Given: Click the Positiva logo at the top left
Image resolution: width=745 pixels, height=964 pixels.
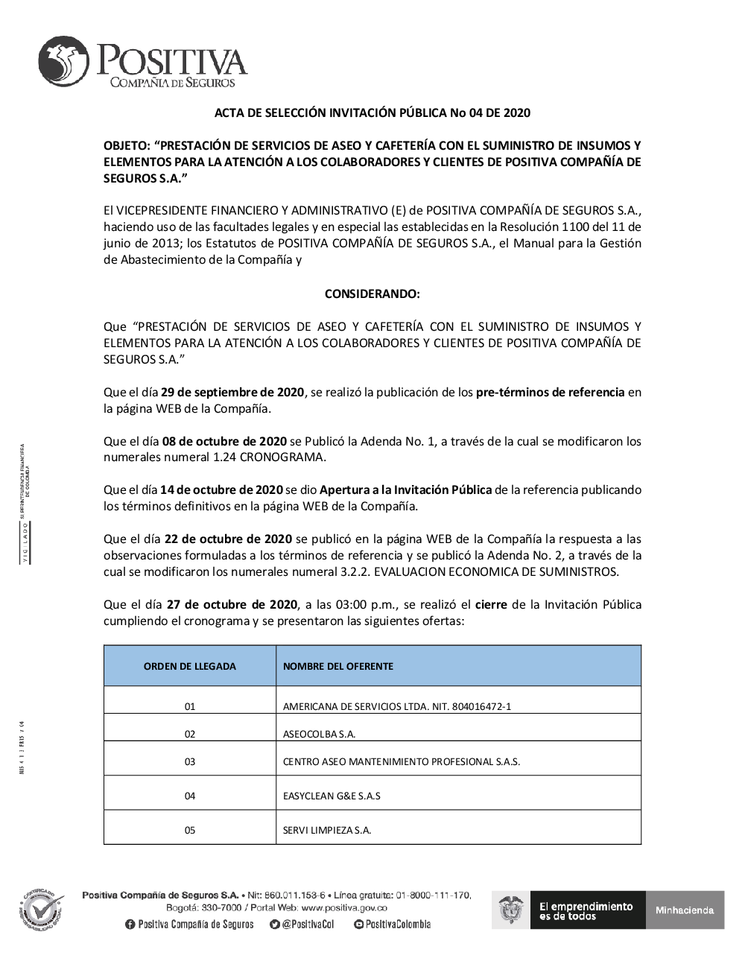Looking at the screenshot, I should click(x=142, y=63).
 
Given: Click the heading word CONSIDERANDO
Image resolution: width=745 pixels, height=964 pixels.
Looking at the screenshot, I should click(x=372, y=294).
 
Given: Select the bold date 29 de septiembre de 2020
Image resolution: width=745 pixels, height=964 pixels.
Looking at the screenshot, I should click(x=232, y=392).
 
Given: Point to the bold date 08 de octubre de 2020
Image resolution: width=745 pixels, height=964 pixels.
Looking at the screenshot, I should click(x=224, y=441).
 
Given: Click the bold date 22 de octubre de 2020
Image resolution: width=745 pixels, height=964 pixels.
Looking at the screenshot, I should click(x=229, y=539).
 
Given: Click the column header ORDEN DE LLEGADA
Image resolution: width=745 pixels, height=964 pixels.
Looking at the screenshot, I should click(x=189, y=666).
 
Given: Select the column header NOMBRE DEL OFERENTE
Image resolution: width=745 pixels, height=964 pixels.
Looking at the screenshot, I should click(x=338, y=666).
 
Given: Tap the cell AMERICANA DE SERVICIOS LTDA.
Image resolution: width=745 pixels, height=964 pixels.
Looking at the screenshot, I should click(x=397, y=706).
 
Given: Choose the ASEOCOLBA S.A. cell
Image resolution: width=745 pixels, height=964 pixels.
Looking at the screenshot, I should click(x=319, y=734).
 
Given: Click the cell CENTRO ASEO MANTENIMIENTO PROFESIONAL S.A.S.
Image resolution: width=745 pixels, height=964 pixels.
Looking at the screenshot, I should click(x=401, y=761).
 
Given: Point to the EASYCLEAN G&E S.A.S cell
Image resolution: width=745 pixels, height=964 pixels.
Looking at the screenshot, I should click(x=332, y=796).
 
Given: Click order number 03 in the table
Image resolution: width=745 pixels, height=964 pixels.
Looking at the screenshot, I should click(x=190, y=761).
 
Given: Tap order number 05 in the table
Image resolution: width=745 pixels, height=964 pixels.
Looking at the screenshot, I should click(x=190, y=830).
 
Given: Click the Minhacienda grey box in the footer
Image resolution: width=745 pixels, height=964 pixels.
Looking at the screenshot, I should click(x=685, y=910).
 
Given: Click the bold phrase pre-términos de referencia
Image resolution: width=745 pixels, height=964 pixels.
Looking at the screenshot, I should click(x=550, y=392).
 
